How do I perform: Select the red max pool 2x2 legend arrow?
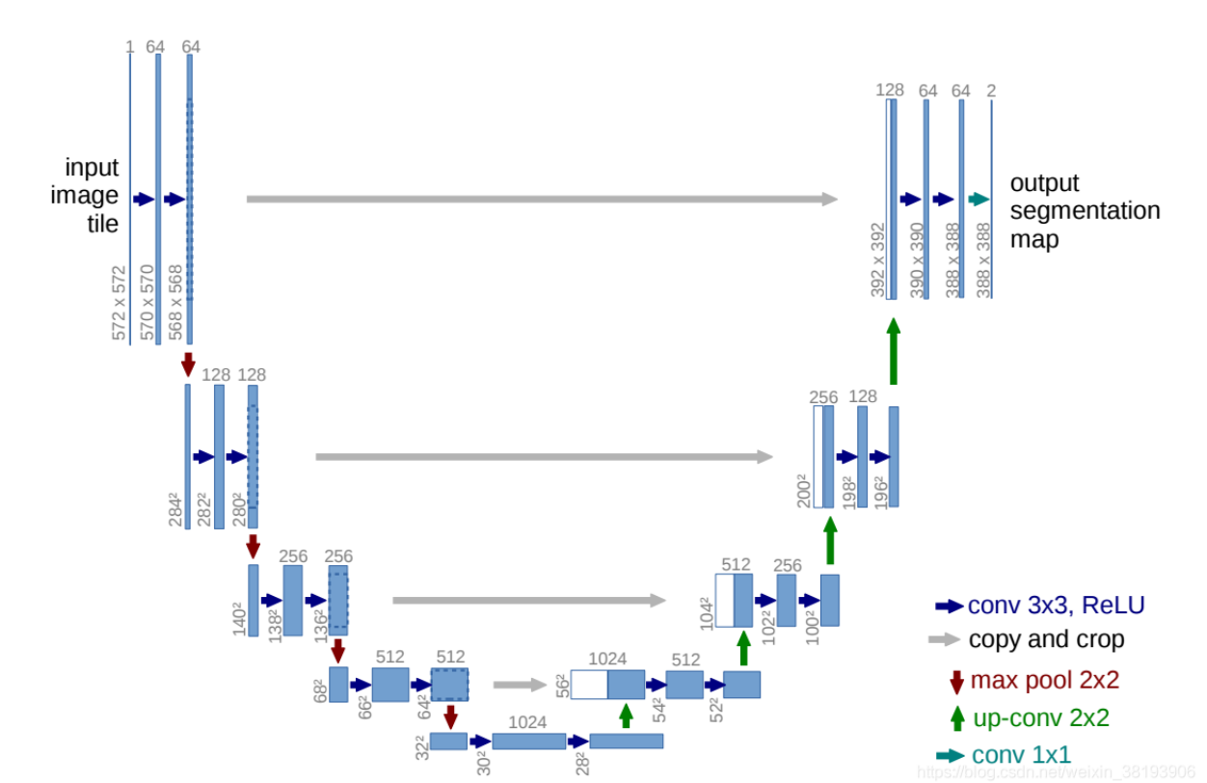coord(956,681)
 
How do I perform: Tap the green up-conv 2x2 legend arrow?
coord(956,718)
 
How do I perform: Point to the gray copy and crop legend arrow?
coord(944,638)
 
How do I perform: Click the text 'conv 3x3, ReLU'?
coord(1057,606)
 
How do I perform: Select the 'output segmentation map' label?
coord(1085,211)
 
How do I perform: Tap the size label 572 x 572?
coord(120,304)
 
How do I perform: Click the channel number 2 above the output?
coord(991,91)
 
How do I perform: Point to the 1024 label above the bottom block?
coord(527,722)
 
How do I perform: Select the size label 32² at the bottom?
coord(420,747)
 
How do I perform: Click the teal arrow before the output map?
coord(978,199)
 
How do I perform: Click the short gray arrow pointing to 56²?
coord(519,685)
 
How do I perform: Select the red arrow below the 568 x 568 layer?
coord(188,364)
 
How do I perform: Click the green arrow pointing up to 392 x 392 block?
coord(893,352)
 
